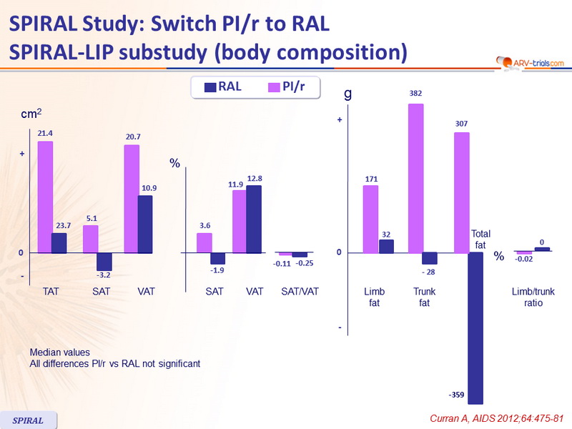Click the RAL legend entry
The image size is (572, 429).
(221, 87)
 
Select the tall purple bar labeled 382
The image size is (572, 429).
(415, 178)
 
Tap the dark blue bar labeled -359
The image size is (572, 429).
(475, 328)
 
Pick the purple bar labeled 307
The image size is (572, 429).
(461, 192)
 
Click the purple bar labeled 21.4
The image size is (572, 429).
(45, 197)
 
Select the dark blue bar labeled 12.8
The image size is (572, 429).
(253, 219)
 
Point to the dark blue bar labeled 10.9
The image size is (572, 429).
(144, 224)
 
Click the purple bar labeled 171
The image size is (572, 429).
(370, 219)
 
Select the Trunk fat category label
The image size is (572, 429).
(424, 297)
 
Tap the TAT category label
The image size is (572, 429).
(51, 292)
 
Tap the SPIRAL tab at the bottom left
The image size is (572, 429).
(29, 420)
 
